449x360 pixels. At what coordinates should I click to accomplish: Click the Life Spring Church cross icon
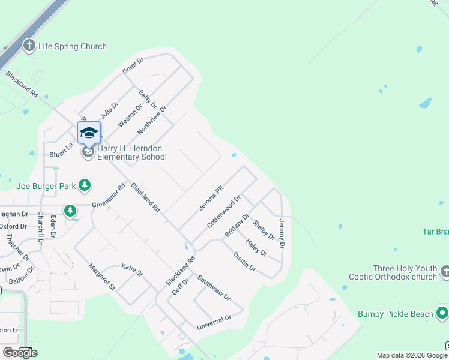(29, 46)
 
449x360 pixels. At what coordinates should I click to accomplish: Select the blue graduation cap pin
(89, 133)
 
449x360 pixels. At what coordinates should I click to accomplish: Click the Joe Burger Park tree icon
(85, 185)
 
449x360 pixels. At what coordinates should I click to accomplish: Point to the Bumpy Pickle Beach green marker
(442, 313)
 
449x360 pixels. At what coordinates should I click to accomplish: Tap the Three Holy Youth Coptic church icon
(445, 272)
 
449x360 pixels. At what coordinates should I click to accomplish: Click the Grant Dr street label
(133, 66)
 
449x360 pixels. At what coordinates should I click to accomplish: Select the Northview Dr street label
(151, 119)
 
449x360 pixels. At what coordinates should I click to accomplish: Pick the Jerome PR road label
(211, 198)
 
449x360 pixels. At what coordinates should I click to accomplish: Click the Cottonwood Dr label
(224, 211)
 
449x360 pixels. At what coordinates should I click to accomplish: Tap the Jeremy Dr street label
(282, 234)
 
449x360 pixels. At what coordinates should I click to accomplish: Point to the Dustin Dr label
(245, 261)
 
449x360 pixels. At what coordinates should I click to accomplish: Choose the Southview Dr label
(214, 287)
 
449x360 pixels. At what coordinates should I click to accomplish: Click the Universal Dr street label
(214, 322)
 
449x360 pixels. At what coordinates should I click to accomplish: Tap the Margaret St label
(101, 277)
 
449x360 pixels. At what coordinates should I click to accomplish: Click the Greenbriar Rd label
(109, 196)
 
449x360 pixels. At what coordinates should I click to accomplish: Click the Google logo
(20, 353)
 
